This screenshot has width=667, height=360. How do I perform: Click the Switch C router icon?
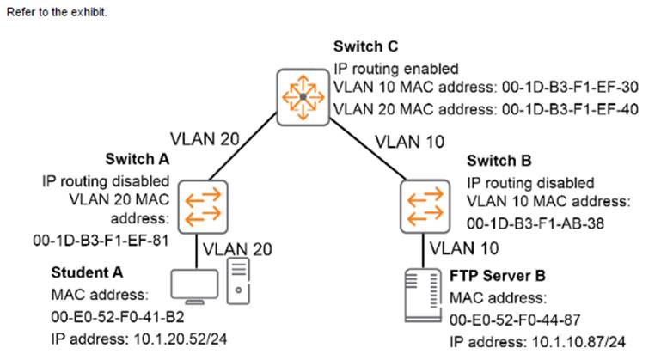[x=303, y=97]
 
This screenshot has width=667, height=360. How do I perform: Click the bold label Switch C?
[x=363, y=47]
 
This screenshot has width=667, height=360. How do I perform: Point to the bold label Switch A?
[x=137, y=160]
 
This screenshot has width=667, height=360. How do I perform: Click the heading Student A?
[x=87, y=272]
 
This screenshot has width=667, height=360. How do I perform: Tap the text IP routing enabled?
[x=398, y=67]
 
